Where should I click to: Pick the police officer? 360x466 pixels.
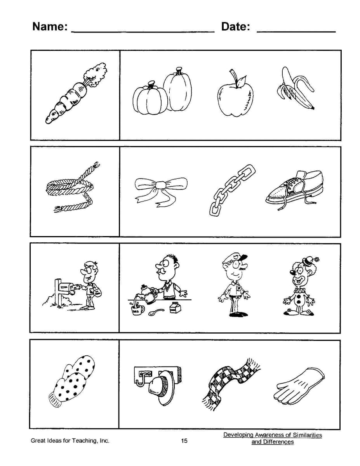pyautogui.click(x=234, y=285)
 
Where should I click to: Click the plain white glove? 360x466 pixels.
pyautogui.click(x=300, y=384)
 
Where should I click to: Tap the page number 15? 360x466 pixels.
pyautogui.click(x=184, y=440)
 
